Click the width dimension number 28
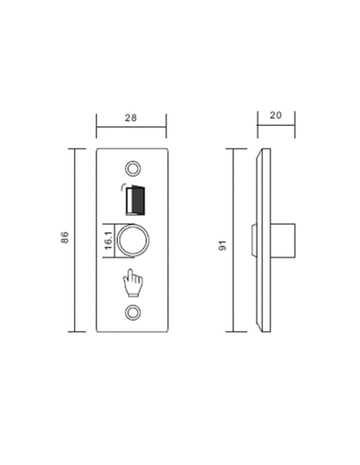tap(131, 117)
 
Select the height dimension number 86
tap(65, 237)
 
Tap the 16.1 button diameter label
tap(108, 240)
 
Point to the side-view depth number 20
tap(276, 115)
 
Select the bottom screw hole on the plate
tap(133, 312)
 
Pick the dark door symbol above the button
tap(135, 199)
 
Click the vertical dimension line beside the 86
tap(76, 239)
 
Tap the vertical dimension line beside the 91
tap(235, 239)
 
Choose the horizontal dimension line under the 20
tap(276, 125)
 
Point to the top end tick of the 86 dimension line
tap(76, 148)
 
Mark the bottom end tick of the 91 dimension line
tap(235, 332)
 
